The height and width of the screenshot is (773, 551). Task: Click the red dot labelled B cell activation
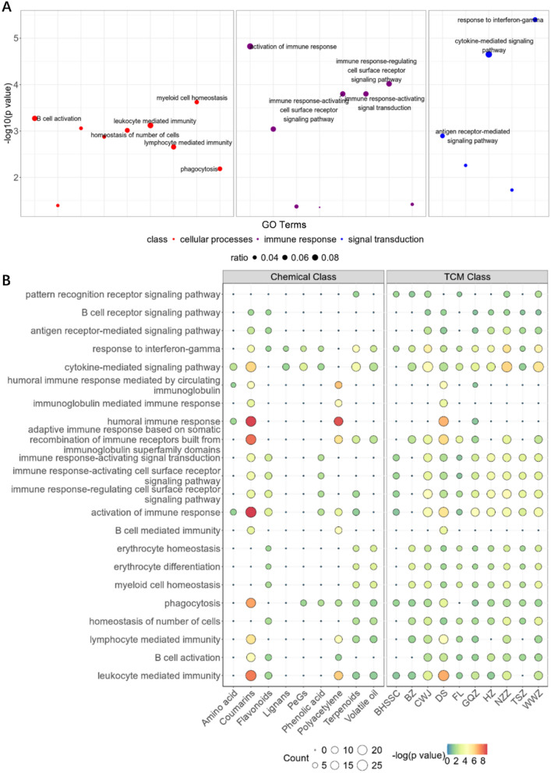tap(34, 118)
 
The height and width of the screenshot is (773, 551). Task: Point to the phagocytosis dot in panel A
tap(220, 169)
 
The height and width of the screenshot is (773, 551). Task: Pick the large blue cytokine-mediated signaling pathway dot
tap(489, 55)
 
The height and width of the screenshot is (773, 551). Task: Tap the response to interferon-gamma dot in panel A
tap(535, 20)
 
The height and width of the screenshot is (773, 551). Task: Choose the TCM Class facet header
tap(466, 278)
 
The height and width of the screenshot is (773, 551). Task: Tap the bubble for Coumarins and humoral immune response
tap(251, 421)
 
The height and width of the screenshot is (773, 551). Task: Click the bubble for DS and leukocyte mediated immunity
tap(443, 675)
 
